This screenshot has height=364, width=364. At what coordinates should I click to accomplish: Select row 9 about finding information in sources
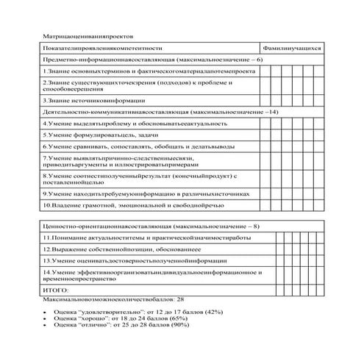click(x=146, y=193)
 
